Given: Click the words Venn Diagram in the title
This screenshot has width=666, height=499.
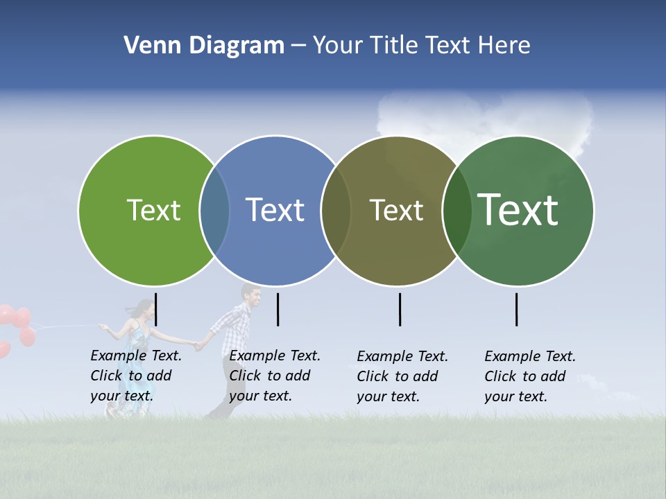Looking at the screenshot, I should coord(204,46).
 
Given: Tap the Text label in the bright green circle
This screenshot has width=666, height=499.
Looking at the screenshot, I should coord(153,210).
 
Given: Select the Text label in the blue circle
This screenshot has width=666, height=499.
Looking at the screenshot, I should coord(275,210).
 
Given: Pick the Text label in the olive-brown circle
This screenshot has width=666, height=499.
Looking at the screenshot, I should coord(396,210).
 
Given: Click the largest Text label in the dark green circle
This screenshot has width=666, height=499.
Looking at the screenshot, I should coord(518,209).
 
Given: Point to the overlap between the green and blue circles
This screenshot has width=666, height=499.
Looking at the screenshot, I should coord(214,211).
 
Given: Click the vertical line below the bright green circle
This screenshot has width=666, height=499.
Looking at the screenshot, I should coord(156,309).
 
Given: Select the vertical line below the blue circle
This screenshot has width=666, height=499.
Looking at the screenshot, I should coord(277,309).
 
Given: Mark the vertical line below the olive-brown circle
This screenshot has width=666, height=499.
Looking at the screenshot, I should coord(400,309).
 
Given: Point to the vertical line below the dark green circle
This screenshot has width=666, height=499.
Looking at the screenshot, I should coord(517,309).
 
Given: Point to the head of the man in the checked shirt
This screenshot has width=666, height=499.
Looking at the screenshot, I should coord(250,296).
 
